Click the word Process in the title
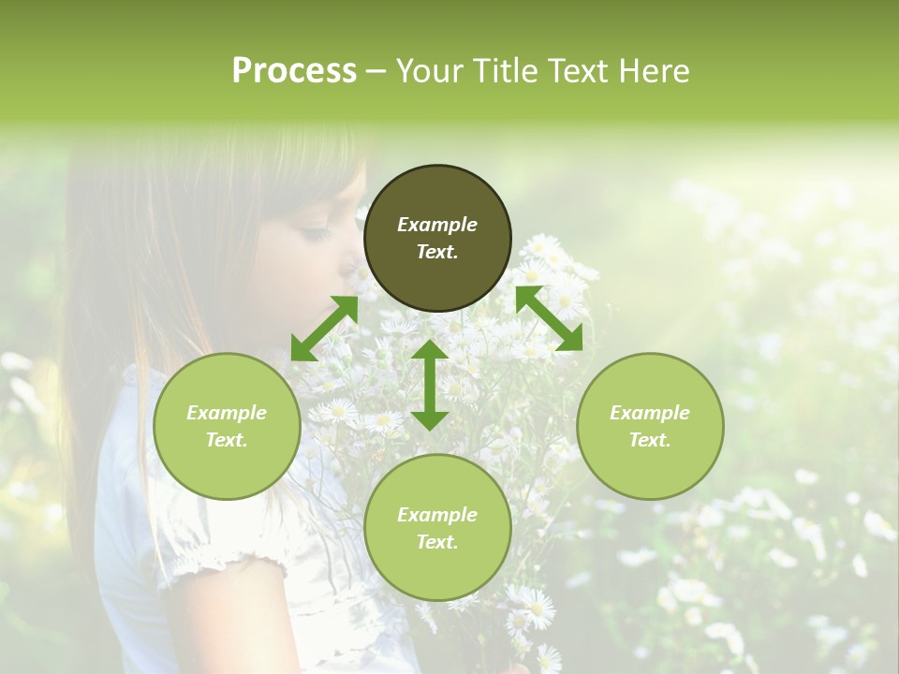[294, 71]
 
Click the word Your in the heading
[432, 71]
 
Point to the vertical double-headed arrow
[430, 385]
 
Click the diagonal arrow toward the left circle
[324, 329]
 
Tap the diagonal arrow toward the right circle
[549, 319]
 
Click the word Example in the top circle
[437, 225]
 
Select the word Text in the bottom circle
[437, 542]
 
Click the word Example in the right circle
[650, 413]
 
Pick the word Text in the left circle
[227, 440]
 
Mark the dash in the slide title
[376, 71]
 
